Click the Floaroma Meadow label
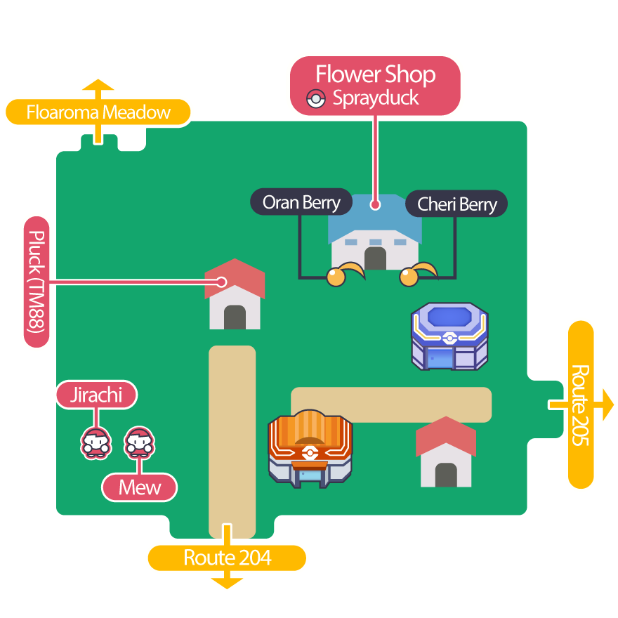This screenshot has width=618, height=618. tap(98, 112)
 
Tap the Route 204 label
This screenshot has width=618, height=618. tap(227, 558)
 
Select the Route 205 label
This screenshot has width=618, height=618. tap(581, 405)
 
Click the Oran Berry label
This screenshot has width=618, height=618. tap(301, 203)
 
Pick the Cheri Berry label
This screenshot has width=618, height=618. tap(456, 204)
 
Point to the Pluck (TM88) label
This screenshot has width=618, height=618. tap(37, 282)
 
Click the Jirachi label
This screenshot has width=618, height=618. tap(96, 395)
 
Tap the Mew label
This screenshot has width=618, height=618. tap(140, 487)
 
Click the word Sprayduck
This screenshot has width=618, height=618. tap(376, 98)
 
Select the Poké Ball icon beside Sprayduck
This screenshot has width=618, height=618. tap(317, 99)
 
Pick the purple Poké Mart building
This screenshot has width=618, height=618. tap(449, 336)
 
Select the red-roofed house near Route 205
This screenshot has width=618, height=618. tap(445, 452)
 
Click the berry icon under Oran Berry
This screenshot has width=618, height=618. tap(337, 277)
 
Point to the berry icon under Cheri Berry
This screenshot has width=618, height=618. tap(409, 277)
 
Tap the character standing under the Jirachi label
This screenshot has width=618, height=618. tap(96, 443)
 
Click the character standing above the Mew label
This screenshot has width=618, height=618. tap(139, 443)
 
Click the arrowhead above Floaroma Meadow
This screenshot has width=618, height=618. tap(98, 86)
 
